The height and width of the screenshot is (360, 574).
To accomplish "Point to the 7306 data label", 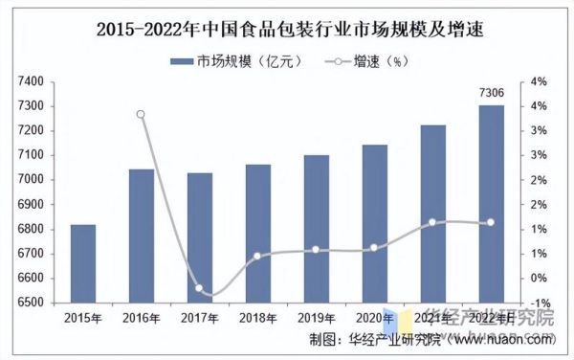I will pos(491,93).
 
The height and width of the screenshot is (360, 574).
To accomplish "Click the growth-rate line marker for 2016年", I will pos(142,114).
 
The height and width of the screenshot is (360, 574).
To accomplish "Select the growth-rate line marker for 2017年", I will pos(200,288).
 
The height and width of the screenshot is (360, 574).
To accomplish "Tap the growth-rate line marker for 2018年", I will pos(258,256).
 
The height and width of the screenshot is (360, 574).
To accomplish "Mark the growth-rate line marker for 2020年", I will pos(374,247).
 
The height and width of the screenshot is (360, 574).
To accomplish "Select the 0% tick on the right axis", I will pos(539,278).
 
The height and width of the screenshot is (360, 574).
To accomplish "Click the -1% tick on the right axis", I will pos(539,303).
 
